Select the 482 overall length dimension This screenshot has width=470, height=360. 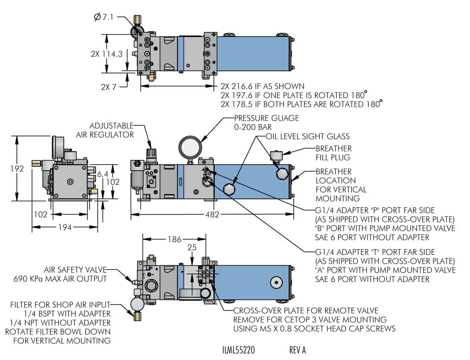click(x=212, y=215)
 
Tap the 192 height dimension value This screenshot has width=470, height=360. click(x=18, y=168)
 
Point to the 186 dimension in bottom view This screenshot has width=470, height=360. click(x=174, y=239)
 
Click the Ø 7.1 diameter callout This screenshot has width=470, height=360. click(x=105, y=17)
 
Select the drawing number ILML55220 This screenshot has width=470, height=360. click(x=239, y=350)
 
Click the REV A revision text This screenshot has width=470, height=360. click(x=298, y=350)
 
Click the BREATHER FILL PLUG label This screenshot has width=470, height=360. click(x=333, y=153)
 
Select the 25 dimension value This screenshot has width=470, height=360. click(x=192, y=248)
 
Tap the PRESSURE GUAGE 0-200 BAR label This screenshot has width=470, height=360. click(x=266, y=122)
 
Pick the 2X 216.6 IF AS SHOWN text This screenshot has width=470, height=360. click(x=262, y=86)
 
